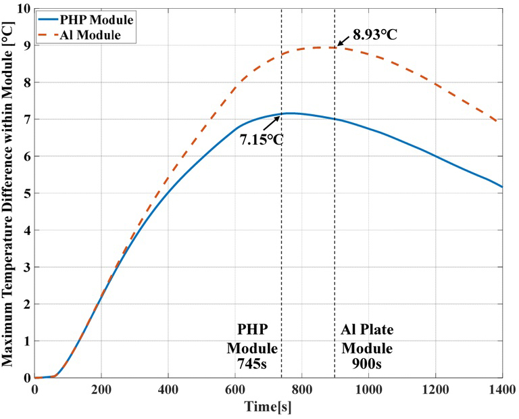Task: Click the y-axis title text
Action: pos(9,193)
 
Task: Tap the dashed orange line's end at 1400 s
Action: pos(501,122)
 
